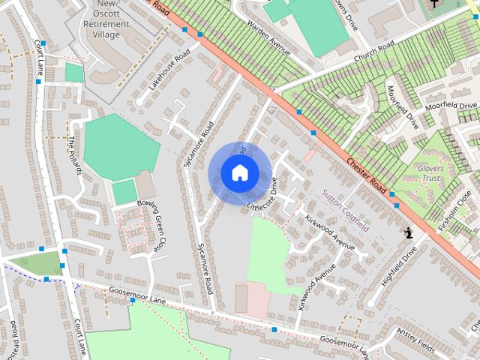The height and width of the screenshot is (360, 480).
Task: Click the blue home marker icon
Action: tap(239, 173)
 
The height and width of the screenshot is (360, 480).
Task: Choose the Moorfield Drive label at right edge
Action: tap(451, 106)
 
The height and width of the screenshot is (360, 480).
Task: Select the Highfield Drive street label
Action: tap(398, 268)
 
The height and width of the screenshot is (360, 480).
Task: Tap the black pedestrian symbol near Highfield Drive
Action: tap(409, 232)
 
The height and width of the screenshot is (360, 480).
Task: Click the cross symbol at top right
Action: tap(434, 4)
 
